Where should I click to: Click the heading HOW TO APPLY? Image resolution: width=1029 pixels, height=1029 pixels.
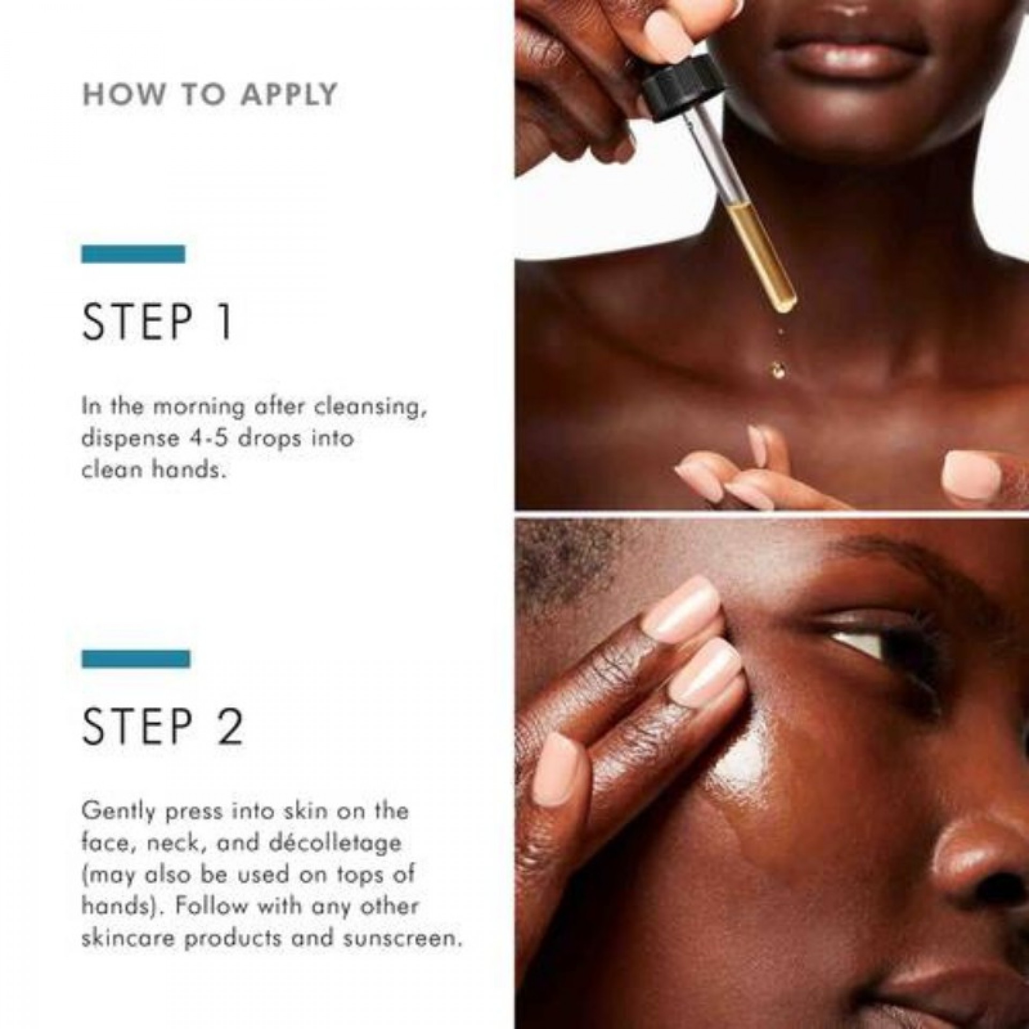(210, 95)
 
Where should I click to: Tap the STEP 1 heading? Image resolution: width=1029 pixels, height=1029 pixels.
(157, 323)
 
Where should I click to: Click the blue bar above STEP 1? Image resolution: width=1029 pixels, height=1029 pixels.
(133, 254)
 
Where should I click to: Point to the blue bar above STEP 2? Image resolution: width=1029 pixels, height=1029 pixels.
(136, 659)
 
